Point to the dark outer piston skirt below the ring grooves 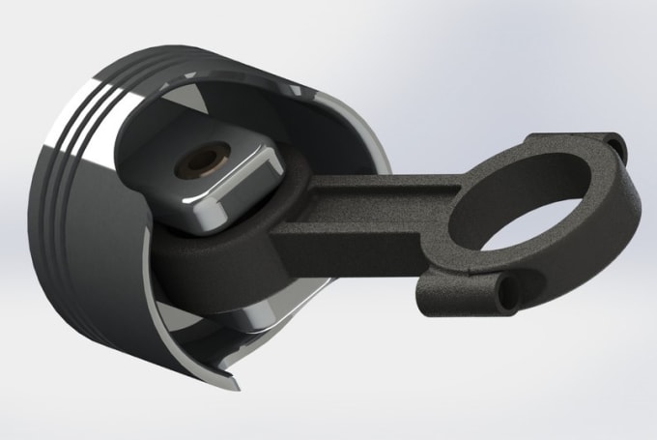(x=87, y=251)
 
